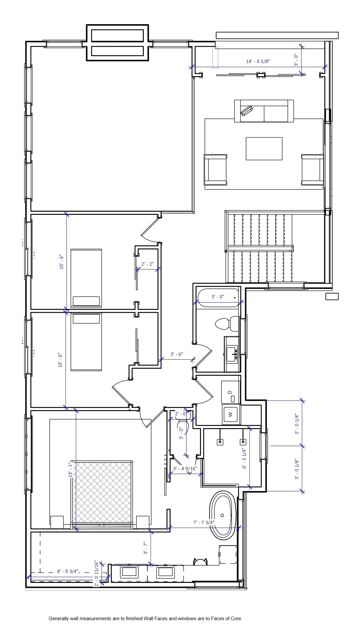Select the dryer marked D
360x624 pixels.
point(231,392)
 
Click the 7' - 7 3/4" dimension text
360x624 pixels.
point(204,523)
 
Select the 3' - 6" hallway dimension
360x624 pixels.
point(177,354)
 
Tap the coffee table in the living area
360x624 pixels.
point(264,148)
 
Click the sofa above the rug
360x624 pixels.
point(264,111)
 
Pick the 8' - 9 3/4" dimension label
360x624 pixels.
point(68,571)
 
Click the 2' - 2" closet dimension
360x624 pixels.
point(147,264)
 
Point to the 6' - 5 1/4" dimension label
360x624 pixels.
point(244,458)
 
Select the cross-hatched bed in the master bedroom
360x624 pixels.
point(101,492)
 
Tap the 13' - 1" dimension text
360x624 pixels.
point(70,470)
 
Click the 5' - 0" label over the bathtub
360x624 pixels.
point(218,297)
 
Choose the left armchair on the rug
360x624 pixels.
point(215,170)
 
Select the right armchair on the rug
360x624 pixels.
point(312,170)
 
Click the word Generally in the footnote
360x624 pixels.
point(58,618)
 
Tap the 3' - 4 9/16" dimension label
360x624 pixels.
point(185,469)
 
